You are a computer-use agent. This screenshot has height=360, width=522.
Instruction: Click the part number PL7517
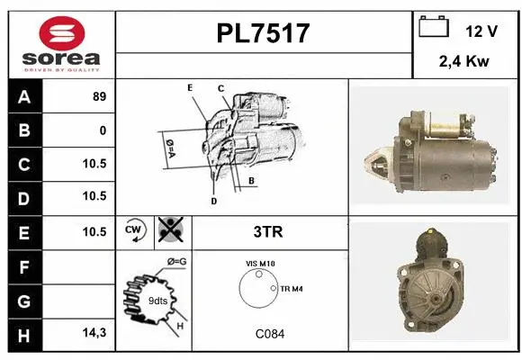264,33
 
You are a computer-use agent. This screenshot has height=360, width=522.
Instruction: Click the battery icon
434,28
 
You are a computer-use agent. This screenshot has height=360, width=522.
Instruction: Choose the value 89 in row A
99,97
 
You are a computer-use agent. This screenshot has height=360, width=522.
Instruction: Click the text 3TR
269,231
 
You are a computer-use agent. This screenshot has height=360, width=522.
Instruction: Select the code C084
269,333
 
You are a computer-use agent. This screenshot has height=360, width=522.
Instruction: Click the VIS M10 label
260,263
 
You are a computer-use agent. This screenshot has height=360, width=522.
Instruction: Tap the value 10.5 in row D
94,196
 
